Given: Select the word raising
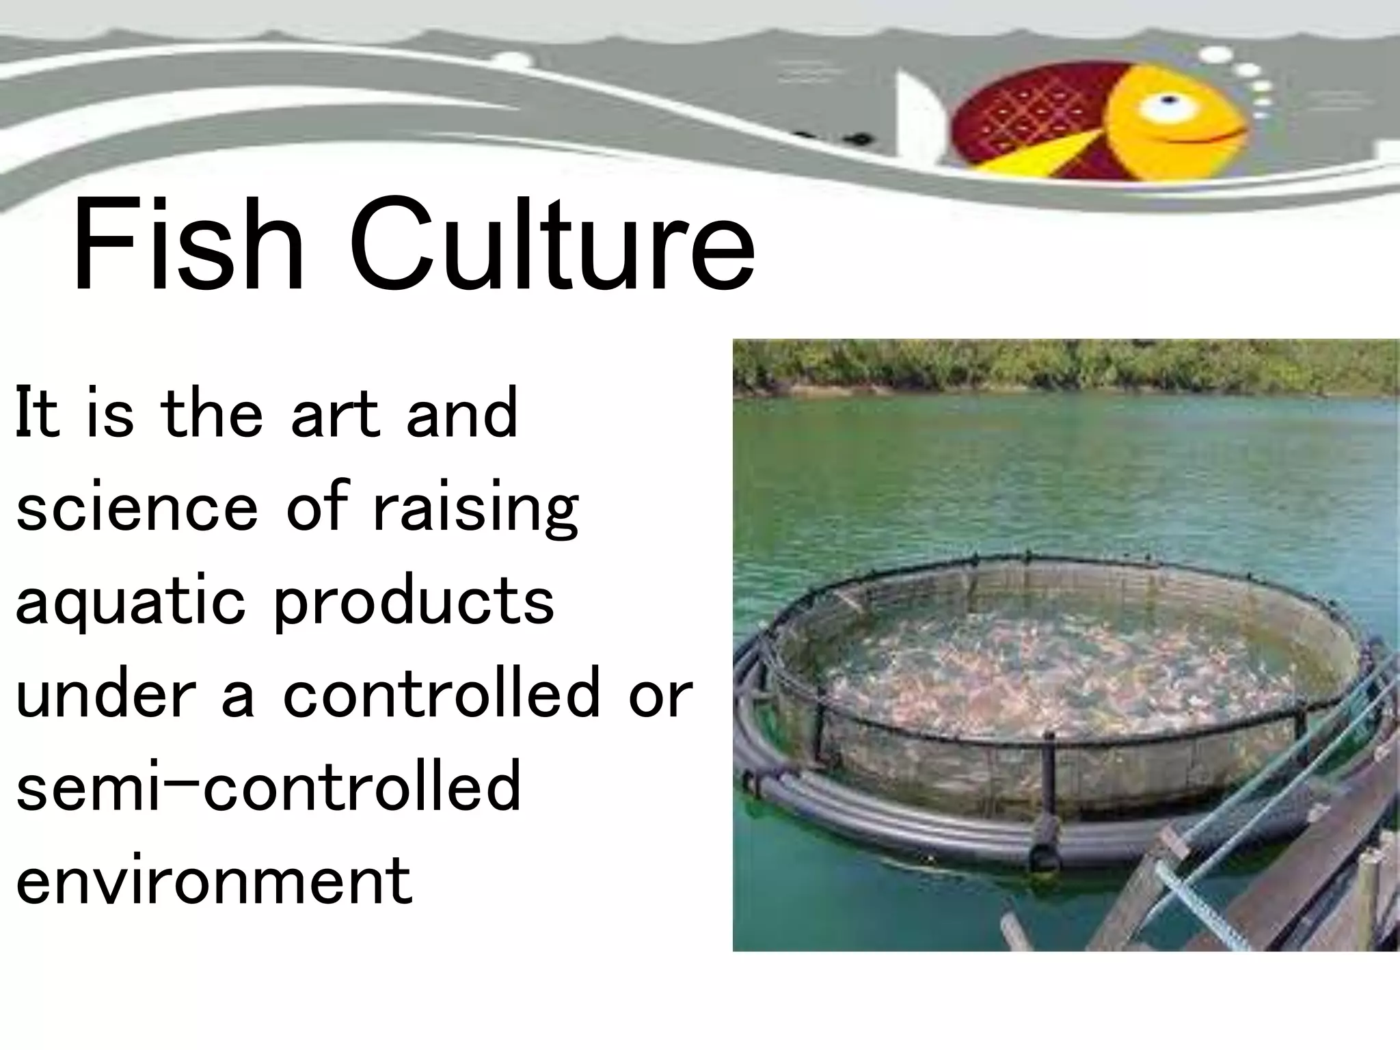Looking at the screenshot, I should pyautogui.click(x=475, y=509).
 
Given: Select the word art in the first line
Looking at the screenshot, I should pyautogui.click(x=335, y=414).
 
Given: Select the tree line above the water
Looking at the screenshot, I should pyautogui.click(x=1060, y=366).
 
